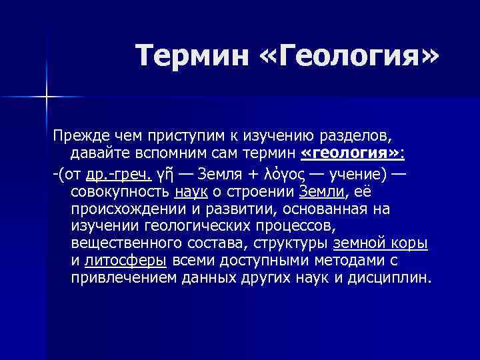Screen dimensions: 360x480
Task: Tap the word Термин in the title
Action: tap(189, 55)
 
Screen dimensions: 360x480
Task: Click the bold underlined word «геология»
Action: tap(351, 154)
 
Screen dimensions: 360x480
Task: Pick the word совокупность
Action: tap(120, 192)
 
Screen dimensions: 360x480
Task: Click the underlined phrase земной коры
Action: tap(380, 244)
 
